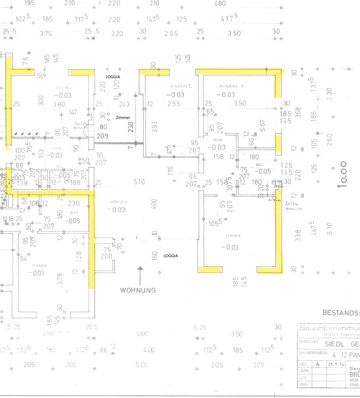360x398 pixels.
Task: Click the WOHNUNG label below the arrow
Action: [138, 290]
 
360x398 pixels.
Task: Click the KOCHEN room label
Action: [64, 88]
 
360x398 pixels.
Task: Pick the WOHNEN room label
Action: [118, 202]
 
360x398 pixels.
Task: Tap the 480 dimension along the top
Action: [220, 3]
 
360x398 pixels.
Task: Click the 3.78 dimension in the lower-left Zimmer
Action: [60, 279]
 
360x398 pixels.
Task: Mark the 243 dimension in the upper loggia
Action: [124, 105]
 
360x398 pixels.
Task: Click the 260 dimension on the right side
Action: [329, 140]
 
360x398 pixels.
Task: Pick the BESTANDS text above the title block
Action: [341, 313]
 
